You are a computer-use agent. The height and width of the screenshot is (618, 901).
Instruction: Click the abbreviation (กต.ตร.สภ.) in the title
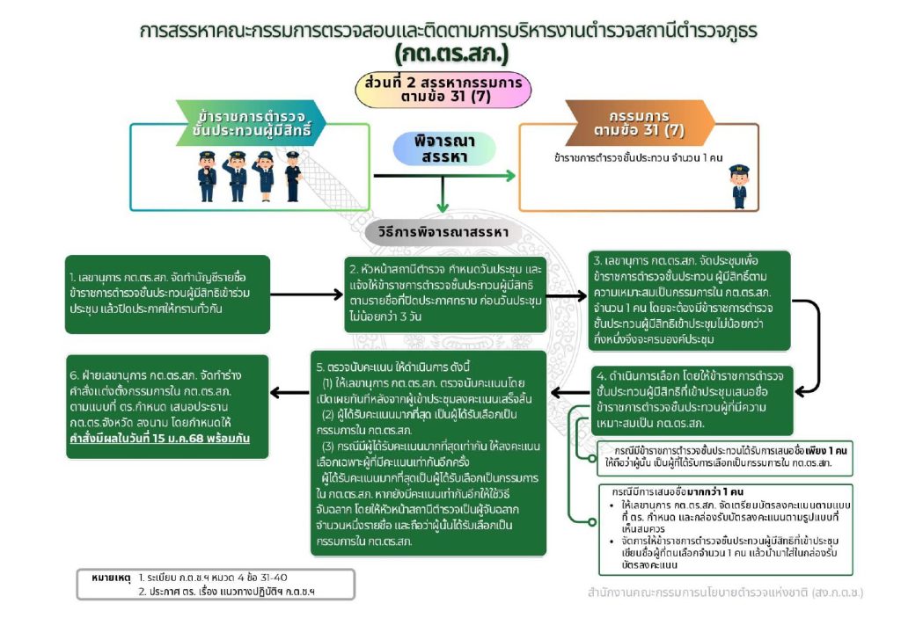[x=450, y=55]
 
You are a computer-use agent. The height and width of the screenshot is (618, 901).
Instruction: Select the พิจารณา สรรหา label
[x=443, y=149]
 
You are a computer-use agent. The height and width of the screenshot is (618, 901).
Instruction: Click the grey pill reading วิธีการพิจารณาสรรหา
[x=443, y=233]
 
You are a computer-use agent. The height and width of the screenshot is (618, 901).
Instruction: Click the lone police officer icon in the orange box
[x=739, y=185]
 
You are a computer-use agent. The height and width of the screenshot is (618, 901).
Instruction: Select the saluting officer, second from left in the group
[x=237, y=177]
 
